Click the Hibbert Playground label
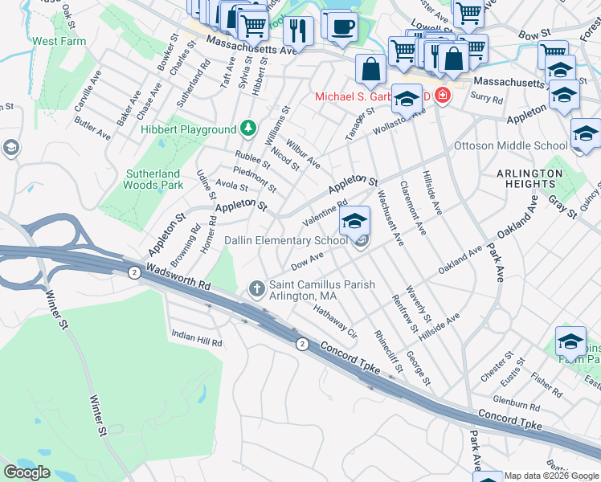pos(188,129)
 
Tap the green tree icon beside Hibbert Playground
pos(249,129)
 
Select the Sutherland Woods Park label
pos(153,179)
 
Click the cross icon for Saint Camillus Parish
pos(257,287)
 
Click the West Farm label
pos(58,40)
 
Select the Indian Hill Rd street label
pos(197,342)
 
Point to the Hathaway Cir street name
pos(335,321)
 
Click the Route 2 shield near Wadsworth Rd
pos(133,273)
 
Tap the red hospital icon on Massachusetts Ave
pos(442,96)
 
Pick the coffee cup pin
pos(343,25)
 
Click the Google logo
pos(27,472)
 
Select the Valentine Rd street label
pos(324,213)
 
